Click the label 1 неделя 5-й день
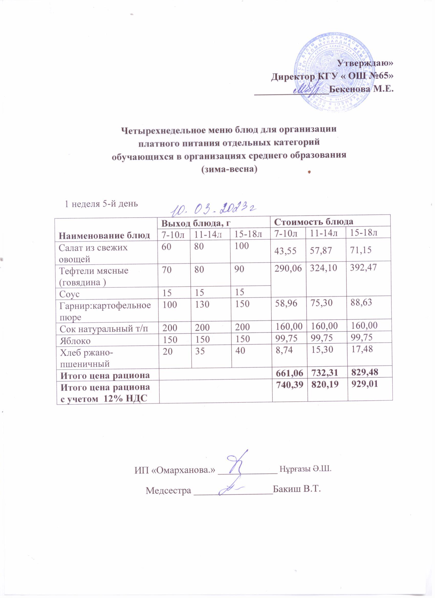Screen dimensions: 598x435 (101, 204)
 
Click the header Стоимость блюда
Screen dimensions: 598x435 (314, 222)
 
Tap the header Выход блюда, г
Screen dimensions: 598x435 (196, 223)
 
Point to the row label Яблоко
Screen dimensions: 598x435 (75, 341)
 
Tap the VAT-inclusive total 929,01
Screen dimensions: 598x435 (364, 384)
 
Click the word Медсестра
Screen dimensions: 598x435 (168, 490)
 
